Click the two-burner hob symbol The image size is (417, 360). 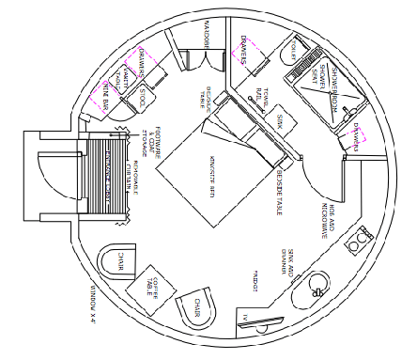click(x=357, y=243)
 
